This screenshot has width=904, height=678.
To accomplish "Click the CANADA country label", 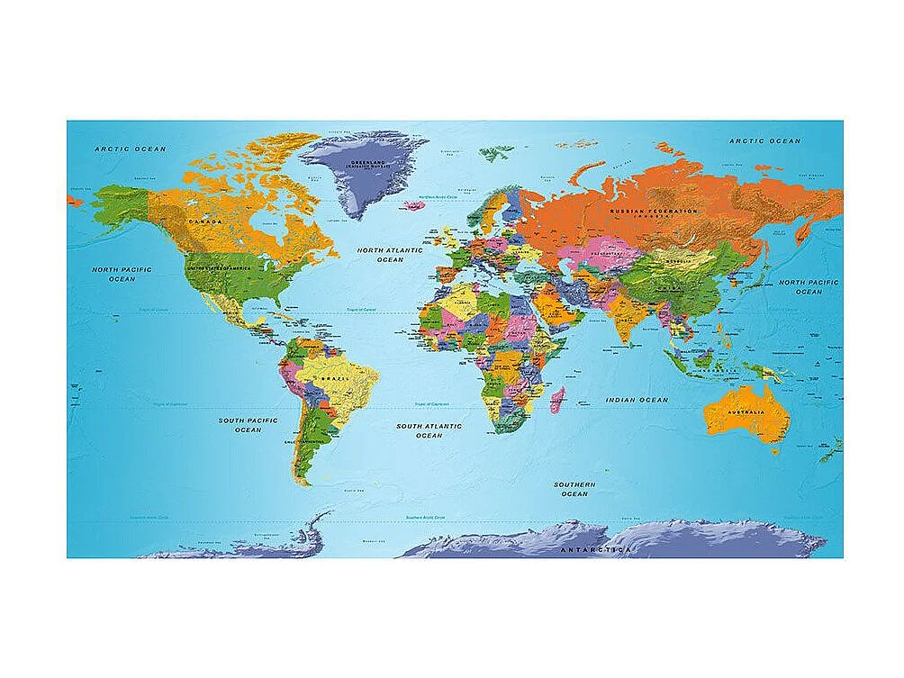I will click(x=205, y=220).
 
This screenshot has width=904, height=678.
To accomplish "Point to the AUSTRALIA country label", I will click(x=746, y=412).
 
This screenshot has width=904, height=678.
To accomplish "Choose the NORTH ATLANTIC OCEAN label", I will click(x=390, y=255).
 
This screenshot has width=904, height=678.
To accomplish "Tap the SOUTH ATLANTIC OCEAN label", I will click(x=429, y=430).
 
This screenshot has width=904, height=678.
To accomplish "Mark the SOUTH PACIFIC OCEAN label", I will click(x=249, y=425).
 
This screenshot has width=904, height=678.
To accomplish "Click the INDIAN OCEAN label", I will click(x=637, y=399).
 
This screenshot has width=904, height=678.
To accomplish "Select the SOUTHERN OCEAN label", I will click(x=573, y=489).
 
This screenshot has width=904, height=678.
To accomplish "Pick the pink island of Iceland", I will click(x=412, y=205).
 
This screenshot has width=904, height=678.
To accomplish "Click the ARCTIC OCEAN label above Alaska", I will click(x=131, y=149).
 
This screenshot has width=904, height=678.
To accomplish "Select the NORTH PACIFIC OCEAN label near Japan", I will click(x=808, y=286).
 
